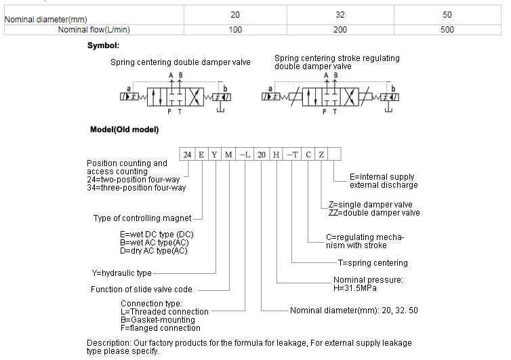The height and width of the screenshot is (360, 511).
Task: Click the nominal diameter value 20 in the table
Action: (x=234, y=14)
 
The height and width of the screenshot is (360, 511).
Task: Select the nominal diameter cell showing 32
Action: (x=340, y=14)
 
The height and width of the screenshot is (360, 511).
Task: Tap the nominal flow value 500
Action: (x=447, y=29)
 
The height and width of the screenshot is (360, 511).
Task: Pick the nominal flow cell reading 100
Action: (x=234, y=29)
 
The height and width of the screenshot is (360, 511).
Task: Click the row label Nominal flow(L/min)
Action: (x=94, y=29)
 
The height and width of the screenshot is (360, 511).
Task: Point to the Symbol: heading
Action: (x=103, y=45)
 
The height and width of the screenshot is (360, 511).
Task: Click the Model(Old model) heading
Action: (x=124, y=129)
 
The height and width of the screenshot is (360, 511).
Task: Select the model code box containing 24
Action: (x=187, y=155)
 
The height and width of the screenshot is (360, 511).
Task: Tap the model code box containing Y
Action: (x=215, y=155)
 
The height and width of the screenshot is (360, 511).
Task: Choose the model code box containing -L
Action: (x=245, y=155)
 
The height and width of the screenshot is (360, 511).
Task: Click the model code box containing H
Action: (x=277, y=155)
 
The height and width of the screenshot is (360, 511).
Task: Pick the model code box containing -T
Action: (x=292, y=155)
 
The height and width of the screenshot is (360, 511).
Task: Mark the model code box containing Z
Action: (x=322, y=155)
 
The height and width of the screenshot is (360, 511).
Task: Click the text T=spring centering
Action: (x=373, y=263)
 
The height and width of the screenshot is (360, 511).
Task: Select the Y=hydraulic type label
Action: (x=122, y=273)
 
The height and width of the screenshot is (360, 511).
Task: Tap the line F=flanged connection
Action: (x=160, y=327)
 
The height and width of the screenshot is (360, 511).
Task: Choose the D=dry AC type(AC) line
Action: (x=153, y=251)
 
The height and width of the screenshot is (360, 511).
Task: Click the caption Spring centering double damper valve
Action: (x=180, y=62)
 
